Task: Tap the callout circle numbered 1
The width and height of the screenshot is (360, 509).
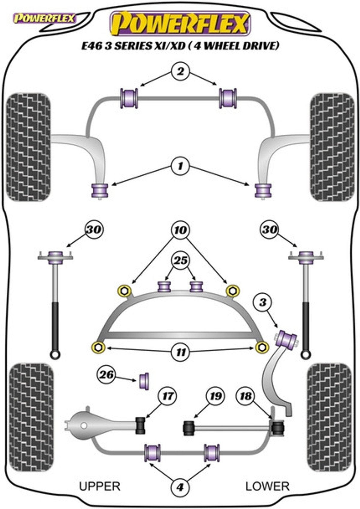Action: [x=180, y=166]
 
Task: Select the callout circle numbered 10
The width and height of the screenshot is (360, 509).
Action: [x=180, y=230]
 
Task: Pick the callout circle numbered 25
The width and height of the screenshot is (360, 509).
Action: [x=180, y=261]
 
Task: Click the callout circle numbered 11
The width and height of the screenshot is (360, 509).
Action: [x=181, y=352]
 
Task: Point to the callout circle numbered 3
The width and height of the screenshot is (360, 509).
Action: [x=263, y=302]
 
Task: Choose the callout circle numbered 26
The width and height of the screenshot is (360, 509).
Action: [x=106, y=375]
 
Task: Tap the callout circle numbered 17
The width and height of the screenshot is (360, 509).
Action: [x=167, y=396]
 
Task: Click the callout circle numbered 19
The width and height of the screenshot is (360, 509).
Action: [x=216, y=396]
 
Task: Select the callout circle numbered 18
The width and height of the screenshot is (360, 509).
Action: [x=246, y=396]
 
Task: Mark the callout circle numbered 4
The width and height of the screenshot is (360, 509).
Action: [x=180, y=487]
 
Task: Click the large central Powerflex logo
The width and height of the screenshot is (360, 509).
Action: [x=180, y=23]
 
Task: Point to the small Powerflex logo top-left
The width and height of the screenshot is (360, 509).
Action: [x=44, y=19]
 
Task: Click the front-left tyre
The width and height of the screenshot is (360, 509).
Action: [x=28, y=147]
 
